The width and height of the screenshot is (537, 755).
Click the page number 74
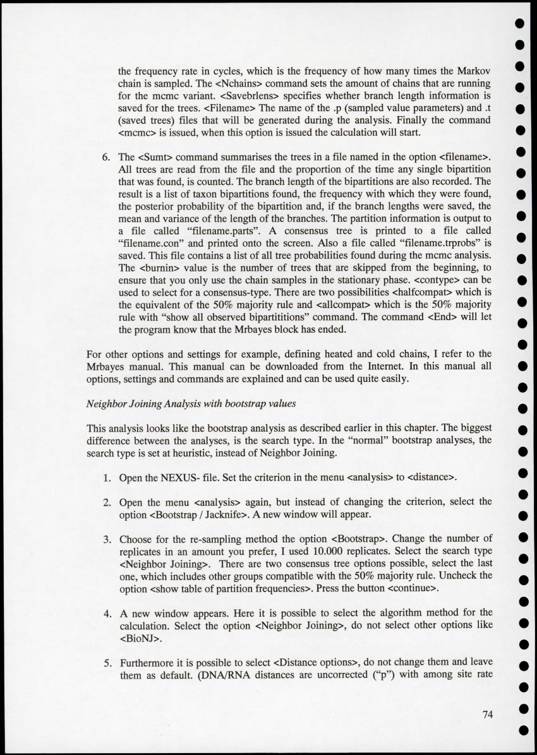point(486,715)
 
